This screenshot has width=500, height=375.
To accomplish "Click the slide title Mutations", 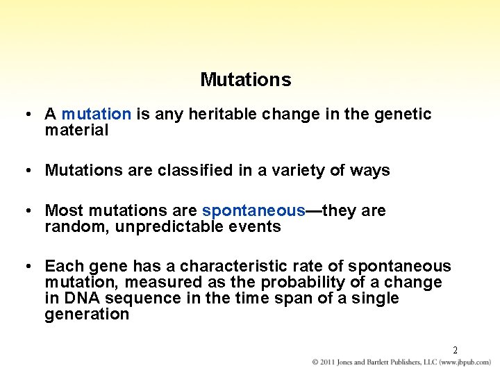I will click(245, 80).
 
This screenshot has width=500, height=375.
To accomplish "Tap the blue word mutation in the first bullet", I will click(96, 114).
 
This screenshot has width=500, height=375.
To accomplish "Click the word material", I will click(76, 130).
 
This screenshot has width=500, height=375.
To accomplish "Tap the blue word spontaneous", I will click(253, 210).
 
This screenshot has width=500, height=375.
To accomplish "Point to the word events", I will click(257, 226).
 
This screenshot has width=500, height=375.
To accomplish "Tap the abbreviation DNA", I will click(79, 298).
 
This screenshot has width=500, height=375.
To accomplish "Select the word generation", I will click(87, 314).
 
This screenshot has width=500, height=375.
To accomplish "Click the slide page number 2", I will click(455, 350).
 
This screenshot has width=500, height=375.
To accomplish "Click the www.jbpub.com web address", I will click(460, 362).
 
